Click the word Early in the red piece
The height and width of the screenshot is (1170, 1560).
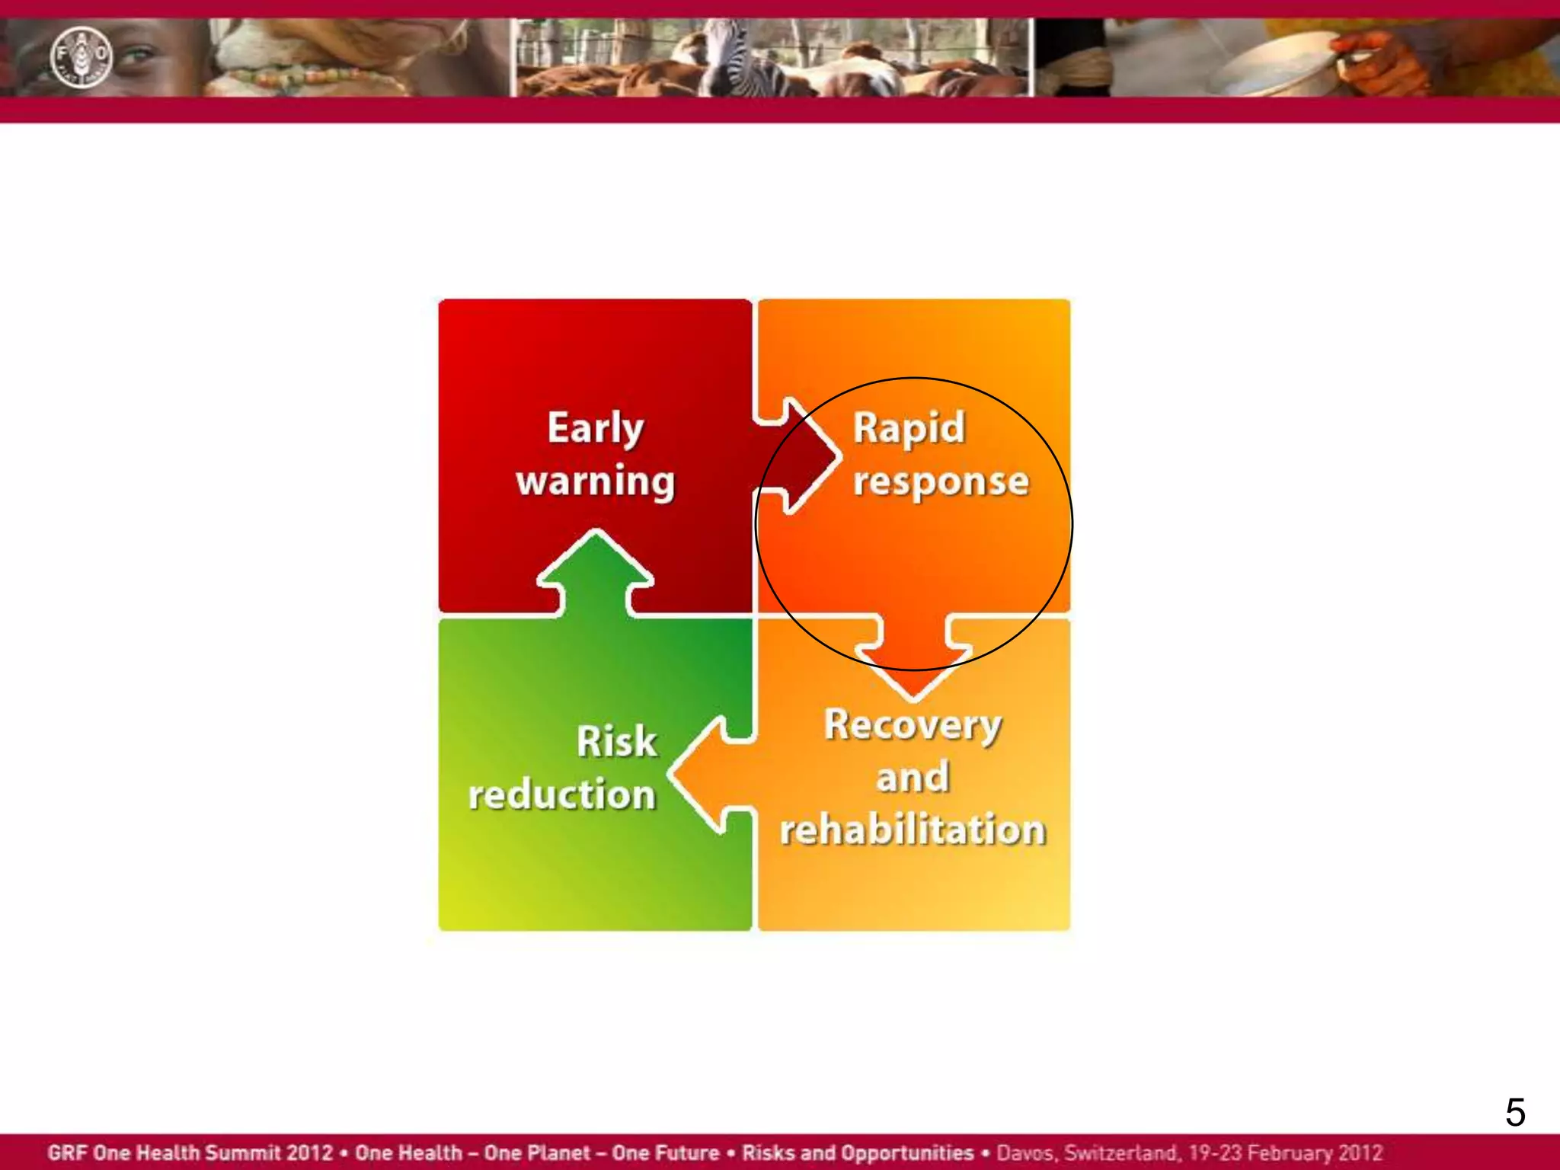pyautogui.click(x=596, y=428)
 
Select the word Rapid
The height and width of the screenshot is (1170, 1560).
pyautogui.click(x=909, y=428)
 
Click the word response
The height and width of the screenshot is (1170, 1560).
pyautogui.click(x=941, y=482)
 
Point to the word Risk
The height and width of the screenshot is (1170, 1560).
pyautogui.click(x=616, y=742)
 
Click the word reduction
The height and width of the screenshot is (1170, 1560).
pyautogui.click(x=562, y=795)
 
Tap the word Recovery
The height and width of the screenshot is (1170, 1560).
pyautogui.click(x=913, y=725)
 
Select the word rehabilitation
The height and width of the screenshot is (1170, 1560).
pyautogui.click(x=913, y=830)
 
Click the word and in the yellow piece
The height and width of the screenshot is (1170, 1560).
pyautogui.click(x=913, y=778)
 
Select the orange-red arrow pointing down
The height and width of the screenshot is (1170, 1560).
pyautogui.click(x=914, y=655)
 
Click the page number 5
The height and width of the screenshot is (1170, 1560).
pyautogui.click(x=1515, y=1113)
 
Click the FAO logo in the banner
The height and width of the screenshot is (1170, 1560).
pyautogui.click(x=81, y=57)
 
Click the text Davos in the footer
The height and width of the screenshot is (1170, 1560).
pyautogui.click(x=1025, y=1152)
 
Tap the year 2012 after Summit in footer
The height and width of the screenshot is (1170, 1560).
pyautogui.click(x=309, y=1152)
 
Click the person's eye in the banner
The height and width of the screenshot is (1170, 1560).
pyautogui.click(x=136, y=56)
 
